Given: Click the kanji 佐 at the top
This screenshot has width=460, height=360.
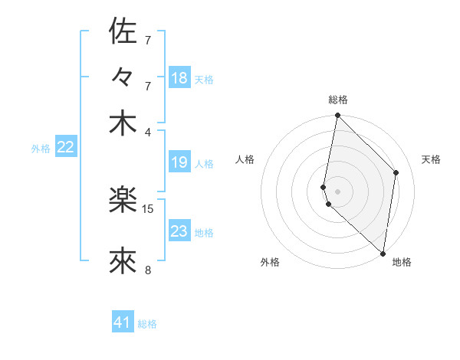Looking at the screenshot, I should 123,31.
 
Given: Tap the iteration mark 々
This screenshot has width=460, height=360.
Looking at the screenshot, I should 123,77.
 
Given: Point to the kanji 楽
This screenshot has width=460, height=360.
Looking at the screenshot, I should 123,201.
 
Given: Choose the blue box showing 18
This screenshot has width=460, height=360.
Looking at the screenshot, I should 179,78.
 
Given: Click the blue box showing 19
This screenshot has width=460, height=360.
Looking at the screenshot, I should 179,162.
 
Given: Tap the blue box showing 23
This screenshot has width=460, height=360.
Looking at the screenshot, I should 179,231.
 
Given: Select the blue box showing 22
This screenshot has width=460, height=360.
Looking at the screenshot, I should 65,148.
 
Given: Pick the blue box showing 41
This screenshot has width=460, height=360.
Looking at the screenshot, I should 123,322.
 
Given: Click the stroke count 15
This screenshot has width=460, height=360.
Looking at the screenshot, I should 148,208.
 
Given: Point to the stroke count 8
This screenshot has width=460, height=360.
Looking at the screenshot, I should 148,270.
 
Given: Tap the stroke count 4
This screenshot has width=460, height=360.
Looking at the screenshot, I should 148,131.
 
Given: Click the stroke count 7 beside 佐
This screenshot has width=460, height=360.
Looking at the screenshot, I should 148,40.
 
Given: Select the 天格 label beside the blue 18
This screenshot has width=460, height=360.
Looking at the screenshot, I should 204,80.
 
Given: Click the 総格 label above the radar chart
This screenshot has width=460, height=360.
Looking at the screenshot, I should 338,100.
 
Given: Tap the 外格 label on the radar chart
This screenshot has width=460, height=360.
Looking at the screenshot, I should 270,262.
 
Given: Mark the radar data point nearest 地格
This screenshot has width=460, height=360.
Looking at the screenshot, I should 383,253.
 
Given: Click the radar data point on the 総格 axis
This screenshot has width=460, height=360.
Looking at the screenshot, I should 337,116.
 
